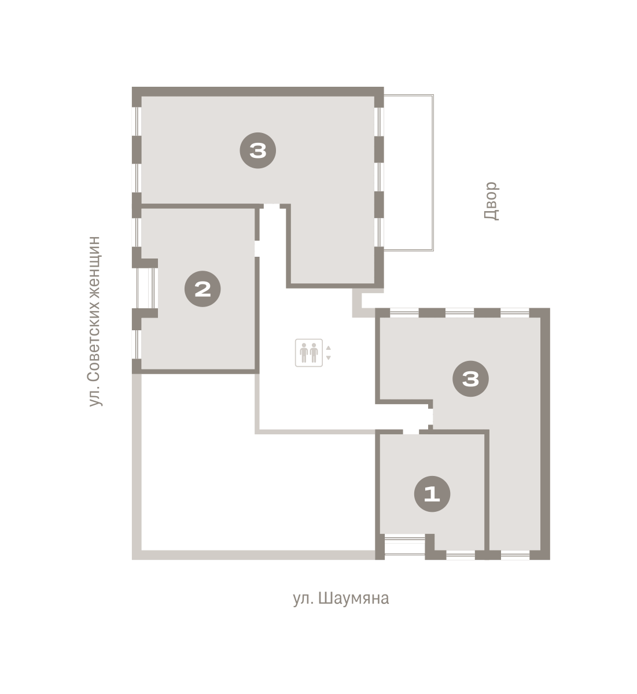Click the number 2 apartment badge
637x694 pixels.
tap(202, 289)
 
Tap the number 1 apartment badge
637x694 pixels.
tap(432, 494)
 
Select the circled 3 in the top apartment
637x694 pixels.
tap(258, 150)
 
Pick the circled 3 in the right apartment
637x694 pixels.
tap(470, 379)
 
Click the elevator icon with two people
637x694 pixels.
tap(309, 353)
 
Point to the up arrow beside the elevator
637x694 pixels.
tap(329, 348)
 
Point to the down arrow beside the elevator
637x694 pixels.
tap(329, 358)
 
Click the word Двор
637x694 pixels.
tap(491, 201)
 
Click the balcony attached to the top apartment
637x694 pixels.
tap(409, 173)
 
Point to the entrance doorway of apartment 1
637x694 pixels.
tap(411, 432)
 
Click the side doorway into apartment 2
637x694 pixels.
tap(257, 249)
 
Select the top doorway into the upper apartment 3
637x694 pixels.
tap(272, 206)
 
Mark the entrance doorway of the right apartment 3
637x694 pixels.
tap(430, 416)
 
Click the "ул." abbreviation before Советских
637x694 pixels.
tap(94, 397)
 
